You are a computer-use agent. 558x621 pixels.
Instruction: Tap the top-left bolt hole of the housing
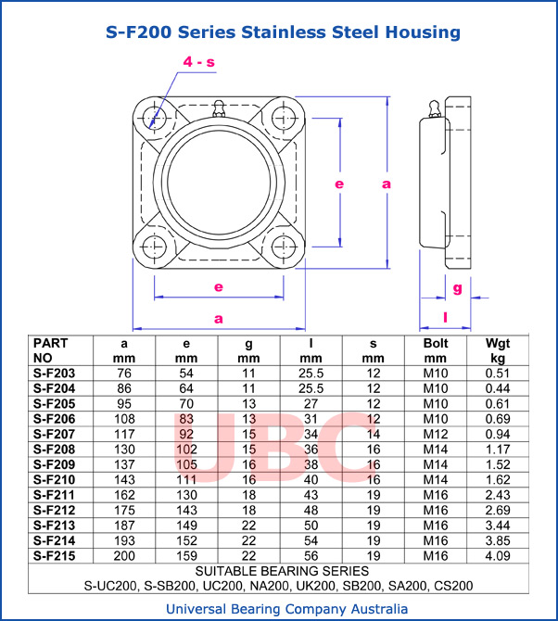click(155, 118)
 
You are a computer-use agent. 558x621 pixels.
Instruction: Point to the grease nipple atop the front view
click(219, 105)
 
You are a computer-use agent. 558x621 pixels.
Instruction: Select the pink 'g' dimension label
click(457, 288)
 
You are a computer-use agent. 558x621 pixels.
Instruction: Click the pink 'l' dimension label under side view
click(446, 318)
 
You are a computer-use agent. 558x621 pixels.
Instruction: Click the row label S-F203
click(53, 373)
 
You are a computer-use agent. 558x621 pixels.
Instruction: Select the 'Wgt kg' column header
click(497, 350)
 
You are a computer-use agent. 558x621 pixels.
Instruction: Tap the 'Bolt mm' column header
click(435, 350)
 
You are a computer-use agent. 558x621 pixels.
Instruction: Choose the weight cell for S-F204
click(497, 387)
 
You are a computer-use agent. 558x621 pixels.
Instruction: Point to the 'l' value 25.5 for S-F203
click(311, 373)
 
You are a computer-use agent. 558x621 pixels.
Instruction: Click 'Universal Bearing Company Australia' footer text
click(285, 609)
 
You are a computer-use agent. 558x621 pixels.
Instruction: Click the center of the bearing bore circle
click(219, 183)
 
